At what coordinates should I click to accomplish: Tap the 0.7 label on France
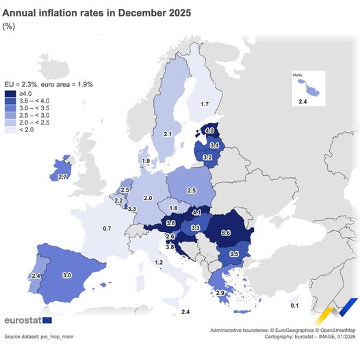(107, 228)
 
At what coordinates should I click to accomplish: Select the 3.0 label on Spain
(67, 274)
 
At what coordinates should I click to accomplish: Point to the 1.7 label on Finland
(204, 104)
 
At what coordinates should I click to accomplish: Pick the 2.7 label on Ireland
(62, 177)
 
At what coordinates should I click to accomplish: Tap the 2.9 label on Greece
(220, 293)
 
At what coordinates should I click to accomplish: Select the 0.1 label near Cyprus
(294, 305)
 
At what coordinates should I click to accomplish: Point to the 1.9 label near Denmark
(145, 161)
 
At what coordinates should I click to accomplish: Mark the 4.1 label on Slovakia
(196, 212)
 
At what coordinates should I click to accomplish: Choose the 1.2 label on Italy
(159, 262)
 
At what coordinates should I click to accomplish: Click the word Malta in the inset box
(297, 75)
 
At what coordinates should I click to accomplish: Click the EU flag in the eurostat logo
(47, 320)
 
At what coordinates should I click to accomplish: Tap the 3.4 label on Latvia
(214, 146)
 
